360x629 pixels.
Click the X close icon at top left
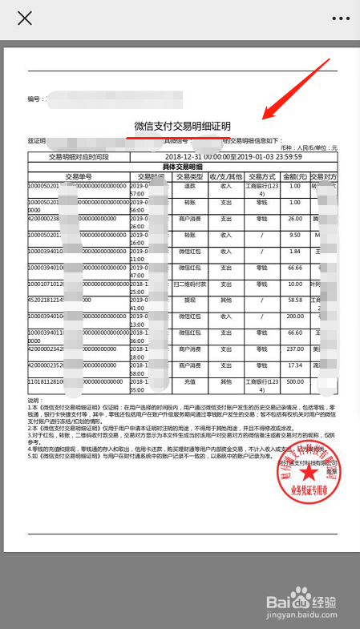click(25, 18)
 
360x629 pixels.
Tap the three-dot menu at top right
click(342, 18)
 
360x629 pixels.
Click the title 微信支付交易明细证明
click(182, 126)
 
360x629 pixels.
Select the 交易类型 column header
click(190, 176)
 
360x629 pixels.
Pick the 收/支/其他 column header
click(226, 176)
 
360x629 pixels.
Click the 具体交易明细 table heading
click(182, 166)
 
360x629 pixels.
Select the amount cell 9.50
click(295, 235)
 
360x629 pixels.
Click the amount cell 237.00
click(295, 349)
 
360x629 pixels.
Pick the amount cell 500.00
click(295, 381)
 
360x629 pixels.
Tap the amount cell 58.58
click(295, 300)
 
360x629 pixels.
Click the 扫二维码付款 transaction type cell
click(190, 284)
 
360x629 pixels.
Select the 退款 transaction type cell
click(190, 185)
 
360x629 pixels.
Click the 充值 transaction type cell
click(190, 381)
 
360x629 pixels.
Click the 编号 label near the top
click(34, 99)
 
